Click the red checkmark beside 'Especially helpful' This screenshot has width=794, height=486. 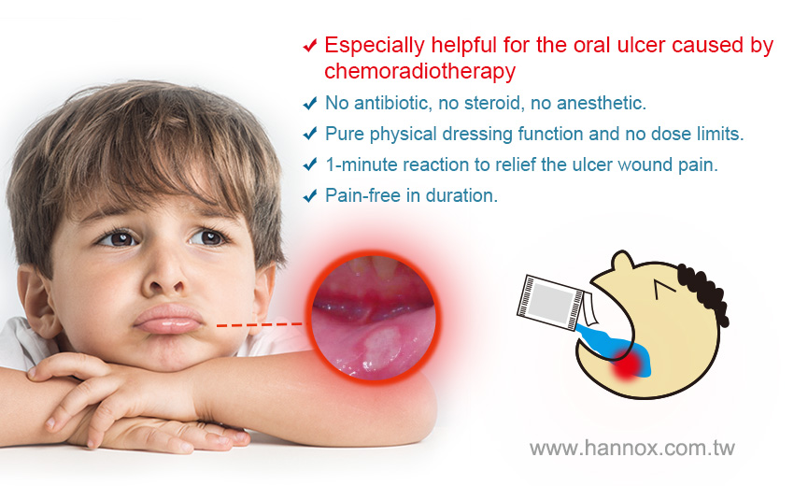pyautogui.click(x=310, y=46)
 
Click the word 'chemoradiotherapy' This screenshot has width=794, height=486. pyautogui.click(x=419, y=71)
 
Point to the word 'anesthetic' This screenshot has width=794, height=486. pyautogui.click(x=602, y=103)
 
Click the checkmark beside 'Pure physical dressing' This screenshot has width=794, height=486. pyautogui.click(x=310, y=134)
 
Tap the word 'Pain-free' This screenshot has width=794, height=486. pyautogui.click(x=362, y=195)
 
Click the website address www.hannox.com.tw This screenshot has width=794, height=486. pyautogui.click(x=632, y=448)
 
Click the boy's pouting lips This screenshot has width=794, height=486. pyautogui.click(x=169, y=319)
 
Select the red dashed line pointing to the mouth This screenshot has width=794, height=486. pyautogui.click(x=259, y=324)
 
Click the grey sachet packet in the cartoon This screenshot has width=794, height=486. pyautogui.click(x=550, y=303)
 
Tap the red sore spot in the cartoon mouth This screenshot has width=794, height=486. pyautogui.click(x=628, y=364)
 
